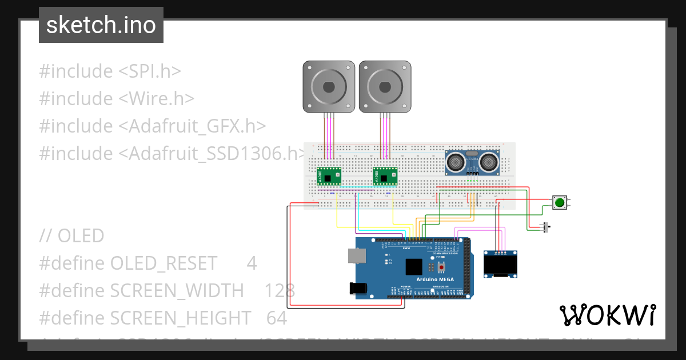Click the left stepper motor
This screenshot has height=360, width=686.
click(328, 87)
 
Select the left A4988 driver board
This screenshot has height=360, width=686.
click(329, 176)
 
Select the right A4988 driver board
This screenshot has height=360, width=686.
click(385, 176)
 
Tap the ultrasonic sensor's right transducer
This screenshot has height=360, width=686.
click(489, 162)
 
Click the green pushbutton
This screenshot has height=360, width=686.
click(560, 202)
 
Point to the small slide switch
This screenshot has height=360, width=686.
click(547, 227)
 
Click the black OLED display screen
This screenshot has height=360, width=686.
click(501, 265)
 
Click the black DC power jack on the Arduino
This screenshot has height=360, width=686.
click(357, 288)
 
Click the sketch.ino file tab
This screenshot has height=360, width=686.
click(101, 25)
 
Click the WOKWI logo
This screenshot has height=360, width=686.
click(607, 315)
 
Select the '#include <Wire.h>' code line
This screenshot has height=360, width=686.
click(117, 98)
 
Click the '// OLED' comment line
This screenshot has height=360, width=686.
click(72, 235)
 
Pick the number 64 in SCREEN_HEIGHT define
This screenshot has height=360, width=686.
click(277, 318)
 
